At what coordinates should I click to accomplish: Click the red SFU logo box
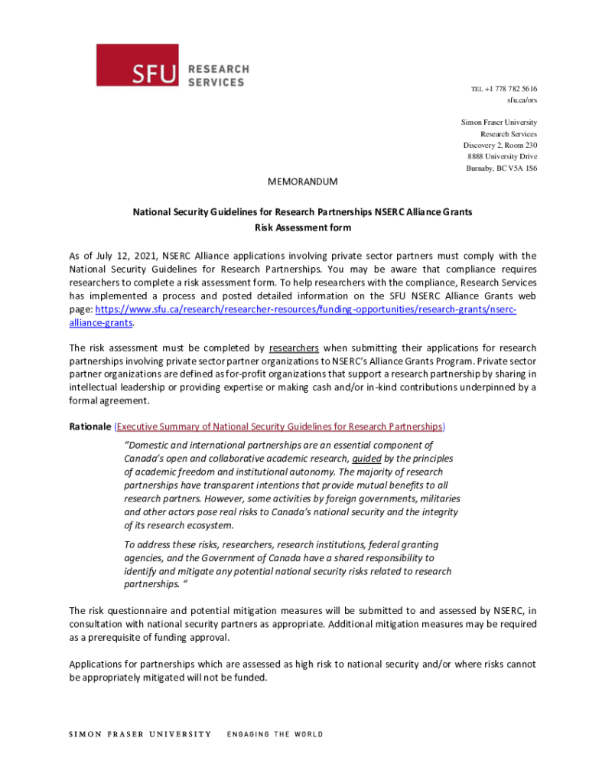click(x=137, y=65)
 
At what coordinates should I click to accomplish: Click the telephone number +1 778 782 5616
click(x=509, y=89)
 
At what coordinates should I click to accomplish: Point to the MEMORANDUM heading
click(x=302, y=182)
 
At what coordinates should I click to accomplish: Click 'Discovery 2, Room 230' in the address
click(x=500, y=145)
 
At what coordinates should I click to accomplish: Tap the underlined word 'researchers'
click(x=294, y=348)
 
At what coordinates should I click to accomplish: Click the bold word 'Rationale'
click(x=90, y=426)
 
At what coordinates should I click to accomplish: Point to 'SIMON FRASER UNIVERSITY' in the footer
click(x=140, y=734)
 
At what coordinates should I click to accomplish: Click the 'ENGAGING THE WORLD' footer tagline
click(x=275, y=734)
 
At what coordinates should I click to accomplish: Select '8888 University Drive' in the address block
click(x=502, y=157)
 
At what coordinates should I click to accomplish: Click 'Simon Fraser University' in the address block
click(x=499, y=122)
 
